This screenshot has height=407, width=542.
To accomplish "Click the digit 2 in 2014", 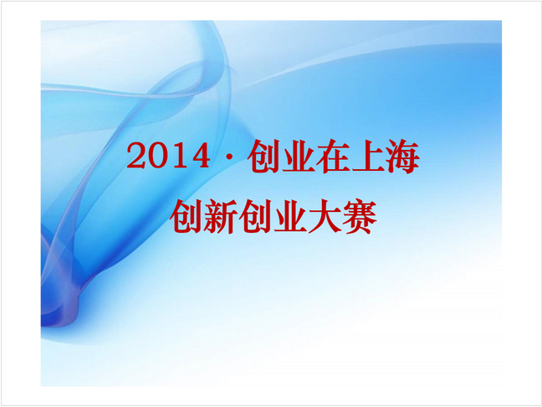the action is (135, 156).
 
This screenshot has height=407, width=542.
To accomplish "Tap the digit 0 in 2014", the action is (156, 156).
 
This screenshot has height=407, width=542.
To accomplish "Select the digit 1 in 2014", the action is (177, 156).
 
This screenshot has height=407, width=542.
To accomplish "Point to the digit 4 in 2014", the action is (200, 156).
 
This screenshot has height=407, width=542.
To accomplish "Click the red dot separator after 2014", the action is (228, 157).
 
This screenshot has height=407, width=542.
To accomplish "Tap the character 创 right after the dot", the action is (263, 157).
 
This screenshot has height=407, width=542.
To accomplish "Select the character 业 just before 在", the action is (298, 157).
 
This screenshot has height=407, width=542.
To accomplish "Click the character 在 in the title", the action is (333, 157).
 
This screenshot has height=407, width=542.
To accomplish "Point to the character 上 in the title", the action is (367, 157).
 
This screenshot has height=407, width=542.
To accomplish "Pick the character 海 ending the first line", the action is (402, 157).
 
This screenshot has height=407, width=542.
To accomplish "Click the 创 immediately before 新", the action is (186, 217).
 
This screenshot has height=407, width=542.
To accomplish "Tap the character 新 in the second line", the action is (220, 217).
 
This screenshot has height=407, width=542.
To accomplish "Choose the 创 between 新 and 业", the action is (255, 217).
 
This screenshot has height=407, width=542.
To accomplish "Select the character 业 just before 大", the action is (289, 217).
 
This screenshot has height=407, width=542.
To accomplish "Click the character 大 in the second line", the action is (325, 217).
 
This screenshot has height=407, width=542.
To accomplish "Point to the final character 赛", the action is (359, 217).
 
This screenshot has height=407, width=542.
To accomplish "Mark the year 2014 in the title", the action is (168, 156).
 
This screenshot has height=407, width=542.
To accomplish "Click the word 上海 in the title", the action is (385, 157).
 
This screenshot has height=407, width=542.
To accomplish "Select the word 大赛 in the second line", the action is (342, 217).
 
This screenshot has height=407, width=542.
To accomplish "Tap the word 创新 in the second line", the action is (203, 217).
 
